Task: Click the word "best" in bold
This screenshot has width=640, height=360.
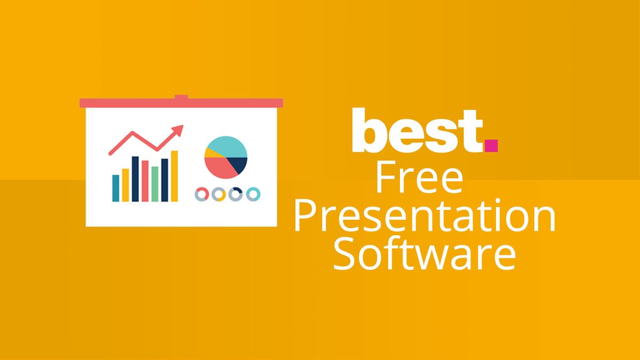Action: (x=416, y=131)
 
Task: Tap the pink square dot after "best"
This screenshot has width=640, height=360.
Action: (x=491, y=145)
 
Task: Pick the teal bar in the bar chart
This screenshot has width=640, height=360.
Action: (x=116, y=188)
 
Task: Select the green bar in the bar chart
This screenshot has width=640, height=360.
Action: (x=155, y=183)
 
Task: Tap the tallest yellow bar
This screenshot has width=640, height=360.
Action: (x=174, y=176)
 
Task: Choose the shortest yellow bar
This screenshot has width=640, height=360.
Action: (x=125, y=185)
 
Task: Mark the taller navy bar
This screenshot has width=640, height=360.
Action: (x=135, y=179)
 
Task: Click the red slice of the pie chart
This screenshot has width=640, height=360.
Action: (x=220, y=167)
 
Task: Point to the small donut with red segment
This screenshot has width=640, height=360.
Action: (x=202, y=194)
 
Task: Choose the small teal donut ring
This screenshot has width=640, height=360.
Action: (x=253, y=194)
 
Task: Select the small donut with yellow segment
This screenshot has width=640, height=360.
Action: (x=219, y=194)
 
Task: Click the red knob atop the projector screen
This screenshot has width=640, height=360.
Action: (x=181, y=98)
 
